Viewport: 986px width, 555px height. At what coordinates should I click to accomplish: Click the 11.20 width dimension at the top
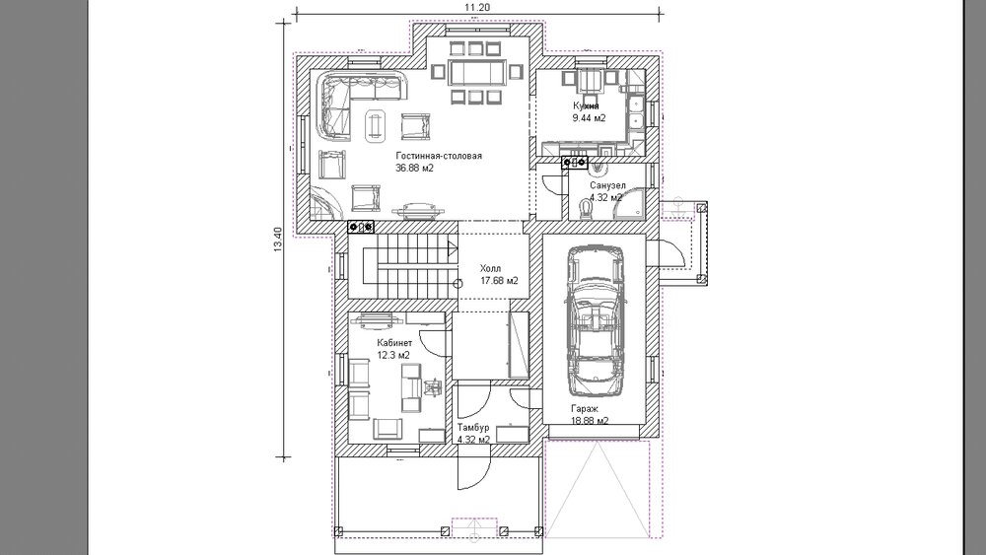coord(476,7)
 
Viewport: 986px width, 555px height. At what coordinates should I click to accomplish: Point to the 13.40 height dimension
coord(279,241)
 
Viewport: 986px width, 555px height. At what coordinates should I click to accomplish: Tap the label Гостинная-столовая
coord(439,155)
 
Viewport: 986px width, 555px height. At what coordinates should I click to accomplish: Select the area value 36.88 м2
coord(414,168)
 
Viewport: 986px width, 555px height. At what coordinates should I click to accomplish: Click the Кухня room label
coord(586,105)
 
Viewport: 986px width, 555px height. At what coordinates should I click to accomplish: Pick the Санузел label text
coord(607,185)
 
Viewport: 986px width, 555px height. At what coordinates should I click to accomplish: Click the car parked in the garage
coord(595,320)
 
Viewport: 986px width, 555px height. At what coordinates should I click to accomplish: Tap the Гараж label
coord(585,408)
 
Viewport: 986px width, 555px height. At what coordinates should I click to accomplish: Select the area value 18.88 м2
coord(590,421)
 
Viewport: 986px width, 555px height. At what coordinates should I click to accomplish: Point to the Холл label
coord(490,268)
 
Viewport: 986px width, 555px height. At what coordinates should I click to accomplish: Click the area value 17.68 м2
coord(499,280)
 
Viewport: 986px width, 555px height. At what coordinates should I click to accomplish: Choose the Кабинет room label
coord(394,342)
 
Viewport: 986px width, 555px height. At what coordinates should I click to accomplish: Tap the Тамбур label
coord(473,428)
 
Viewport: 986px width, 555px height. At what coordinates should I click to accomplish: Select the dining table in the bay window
coord(476,72)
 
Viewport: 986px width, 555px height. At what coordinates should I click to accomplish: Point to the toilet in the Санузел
coord(584,207)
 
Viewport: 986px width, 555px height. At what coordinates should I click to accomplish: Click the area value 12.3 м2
coord(393,355)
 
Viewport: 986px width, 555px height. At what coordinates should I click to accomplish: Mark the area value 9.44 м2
coord(589,118)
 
